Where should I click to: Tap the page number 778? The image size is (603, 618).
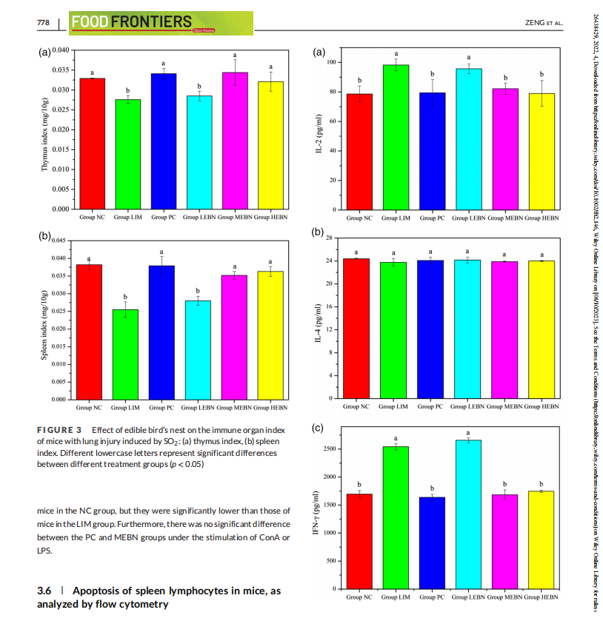click(43, 23)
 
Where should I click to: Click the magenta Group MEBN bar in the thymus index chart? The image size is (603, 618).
click(235, 141)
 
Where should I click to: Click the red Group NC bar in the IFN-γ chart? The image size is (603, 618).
click(359, 541)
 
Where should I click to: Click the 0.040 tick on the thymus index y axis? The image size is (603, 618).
click(59, 50)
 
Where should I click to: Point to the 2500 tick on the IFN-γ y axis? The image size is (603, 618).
click(331, 449)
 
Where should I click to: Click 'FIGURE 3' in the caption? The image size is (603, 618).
click(59, 430)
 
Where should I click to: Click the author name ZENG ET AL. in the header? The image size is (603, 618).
click(544, 23)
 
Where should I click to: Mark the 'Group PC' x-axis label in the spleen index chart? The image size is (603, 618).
click(161, 408)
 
